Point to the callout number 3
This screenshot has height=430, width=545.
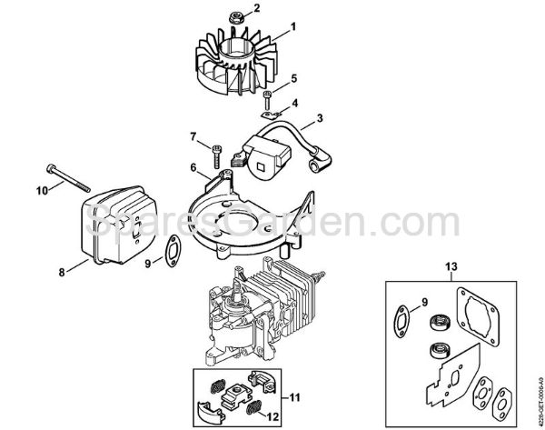click(320, 118)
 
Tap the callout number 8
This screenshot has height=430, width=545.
click(62, 271)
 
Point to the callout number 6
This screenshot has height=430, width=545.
click(193, 166)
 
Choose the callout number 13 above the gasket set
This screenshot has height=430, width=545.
click(451, 266)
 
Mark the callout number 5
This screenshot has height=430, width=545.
click(293, 80)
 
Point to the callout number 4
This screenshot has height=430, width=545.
click(293, 102)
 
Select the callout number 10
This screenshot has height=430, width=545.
click(41, 190)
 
